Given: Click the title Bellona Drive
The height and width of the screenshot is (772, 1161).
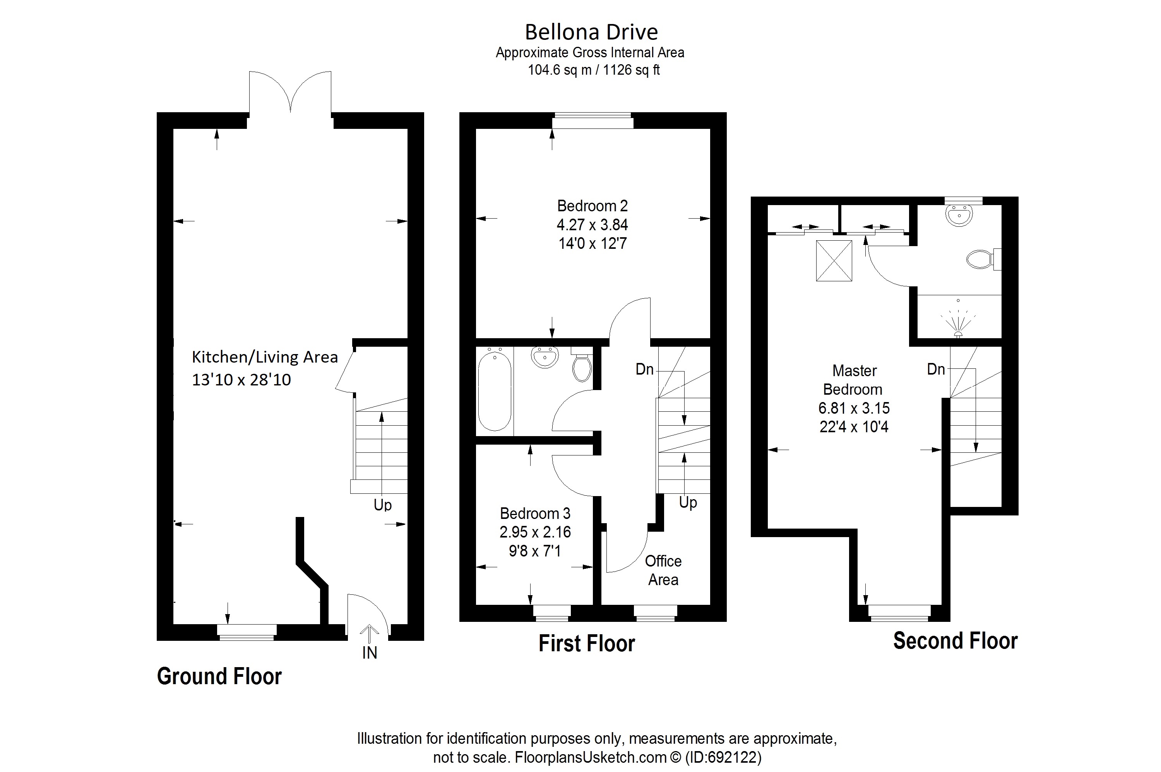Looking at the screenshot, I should [x=591, y=32].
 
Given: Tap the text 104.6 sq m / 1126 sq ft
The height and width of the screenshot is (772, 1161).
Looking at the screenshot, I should [x=593, y=70].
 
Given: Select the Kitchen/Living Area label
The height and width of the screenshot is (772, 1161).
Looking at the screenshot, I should [x=264, y=357].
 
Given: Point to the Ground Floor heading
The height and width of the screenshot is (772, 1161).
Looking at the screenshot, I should [x=219, y=676].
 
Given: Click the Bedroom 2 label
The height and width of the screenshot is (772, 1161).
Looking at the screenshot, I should [x=592, y=206].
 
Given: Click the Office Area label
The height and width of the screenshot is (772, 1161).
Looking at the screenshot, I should [x=663, y=570].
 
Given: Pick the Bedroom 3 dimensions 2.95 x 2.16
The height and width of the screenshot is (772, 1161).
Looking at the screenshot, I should [x=535, y=532].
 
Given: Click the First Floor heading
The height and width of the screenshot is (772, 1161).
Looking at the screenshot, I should [x=586, y=644].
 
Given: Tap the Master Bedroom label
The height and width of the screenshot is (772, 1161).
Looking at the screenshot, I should [x=854, y=380].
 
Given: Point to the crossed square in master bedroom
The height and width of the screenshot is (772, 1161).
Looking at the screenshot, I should [x=834, y=260].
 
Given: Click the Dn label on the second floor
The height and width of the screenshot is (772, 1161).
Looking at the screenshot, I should [x=935, y=369].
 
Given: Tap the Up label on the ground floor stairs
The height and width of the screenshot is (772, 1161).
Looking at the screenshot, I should [x=383, y=505].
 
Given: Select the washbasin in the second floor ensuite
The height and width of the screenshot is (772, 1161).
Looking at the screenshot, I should [x=959, y=215].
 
